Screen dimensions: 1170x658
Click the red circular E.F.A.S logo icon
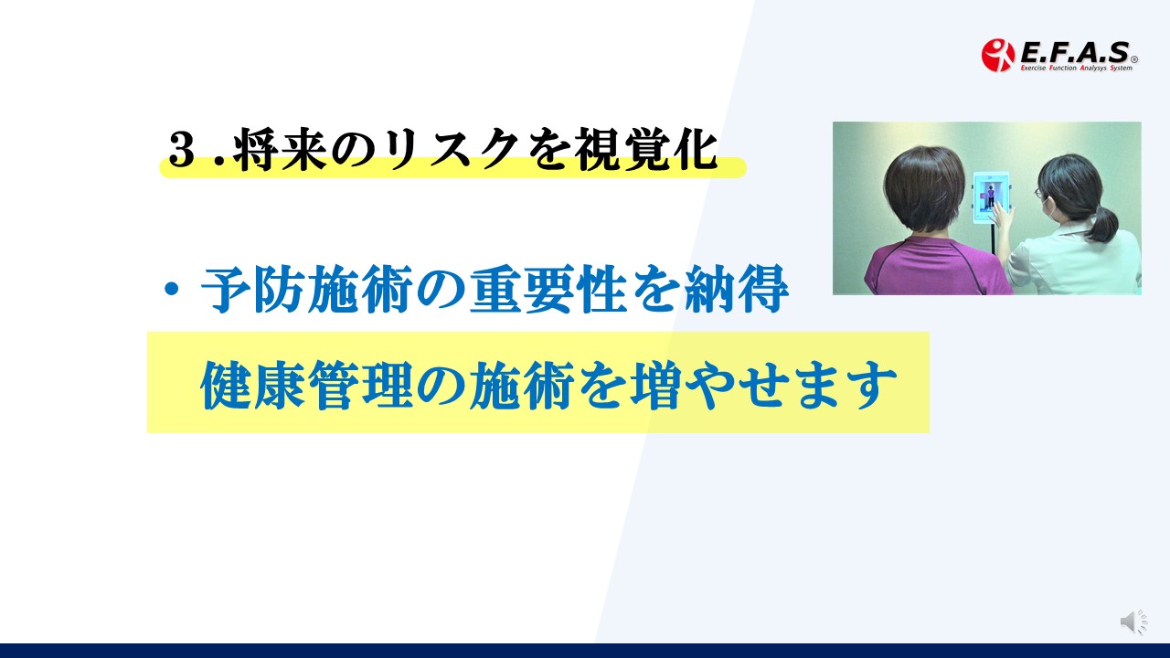997,55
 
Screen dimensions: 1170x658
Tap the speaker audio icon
1133,621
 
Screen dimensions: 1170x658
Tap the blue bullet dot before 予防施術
171,289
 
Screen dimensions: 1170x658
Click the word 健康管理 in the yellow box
307,386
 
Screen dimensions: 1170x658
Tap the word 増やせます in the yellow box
762,386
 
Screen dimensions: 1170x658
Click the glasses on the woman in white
1038,193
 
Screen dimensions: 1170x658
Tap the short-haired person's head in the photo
923,189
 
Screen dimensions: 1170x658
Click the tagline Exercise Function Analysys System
1077,68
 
